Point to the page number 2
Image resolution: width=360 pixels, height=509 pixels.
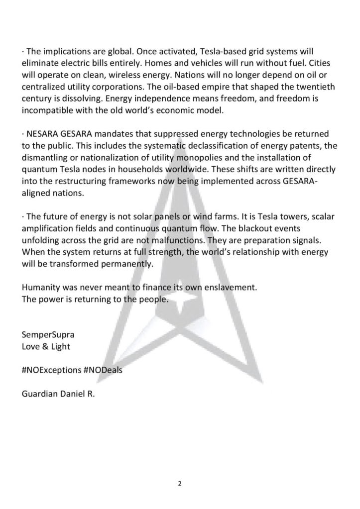[x=180, y=483]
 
